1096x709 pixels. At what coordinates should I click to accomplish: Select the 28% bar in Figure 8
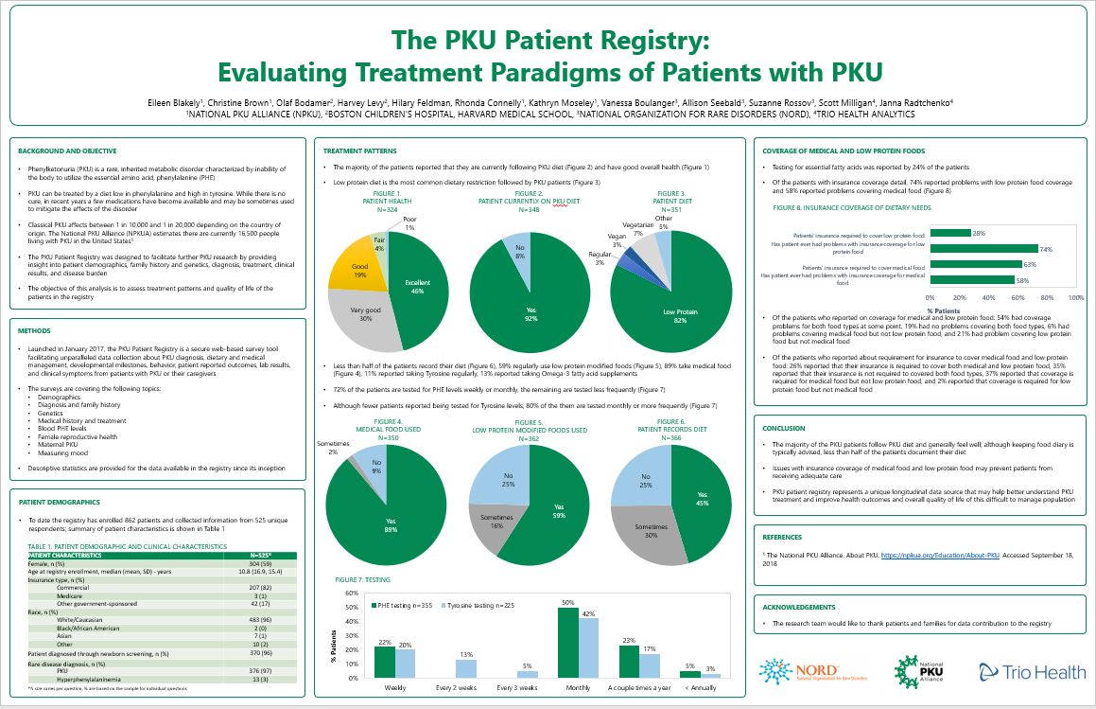click(x=950, y=232)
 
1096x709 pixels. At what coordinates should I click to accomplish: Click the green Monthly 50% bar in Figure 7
click(x=567, y=643)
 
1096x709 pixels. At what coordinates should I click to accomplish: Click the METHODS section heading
click(x=36, y=331)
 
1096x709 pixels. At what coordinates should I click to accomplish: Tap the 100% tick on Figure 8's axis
click(x=1075, y=296)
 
